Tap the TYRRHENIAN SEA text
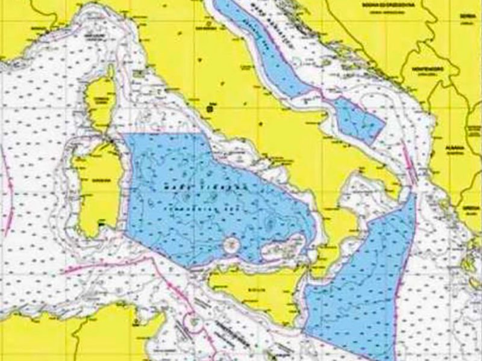pos(195,202)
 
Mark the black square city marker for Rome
pos(210,108)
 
